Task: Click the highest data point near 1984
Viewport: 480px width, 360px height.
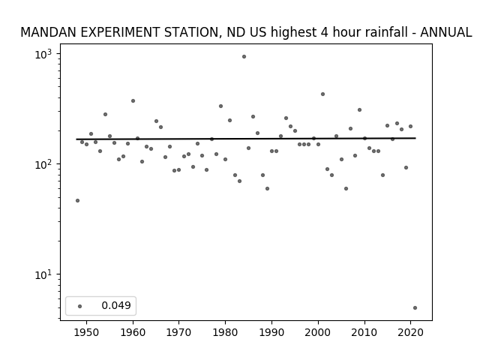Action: [x=244, y=57]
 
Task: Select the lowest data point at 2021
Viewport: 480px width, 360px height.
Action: [x=415, y=308]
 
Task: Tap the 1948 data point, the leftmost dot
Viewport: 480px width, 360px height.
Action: [x=77, y=201]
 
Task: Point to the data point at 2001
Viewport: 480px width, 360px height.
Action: [x=322, y=94]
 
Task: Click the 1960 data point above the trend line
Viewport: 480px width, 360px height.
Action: [x=133, y=101]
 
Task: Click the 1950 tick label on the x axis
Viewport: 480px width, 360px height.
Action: [x=86, y=332]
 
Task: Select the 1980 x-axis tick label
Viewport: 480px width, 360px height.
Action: [x=225, y=332]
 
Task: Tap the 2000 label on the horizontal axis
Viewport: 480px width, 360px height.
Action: [x=318, y=332]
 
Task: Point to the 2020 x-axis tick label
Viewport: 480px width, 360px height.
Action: [x=410, y=332]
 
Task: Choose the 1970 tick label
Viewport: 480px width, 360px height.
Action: [x=178, y=332]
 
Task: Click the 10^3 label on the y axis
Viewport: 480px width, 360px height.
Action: [x=43, y=55]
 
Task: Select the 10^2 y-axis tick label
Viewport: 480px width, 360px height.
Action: [x=43, y=165]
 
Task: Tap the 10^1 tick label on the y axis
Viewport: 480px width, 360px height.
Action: [x=43, y=274]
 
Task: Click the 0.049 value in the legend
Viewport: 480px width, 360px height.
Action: [x=116, y=305]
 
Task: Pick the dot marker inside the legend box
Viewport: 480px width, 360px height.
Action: [x=80, y=307]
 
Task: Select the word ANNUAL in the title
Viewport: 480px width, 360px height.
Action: [x=445, y=32]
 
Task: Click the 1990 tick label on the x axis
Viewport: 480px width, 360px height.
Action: [x=271, y=332]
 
